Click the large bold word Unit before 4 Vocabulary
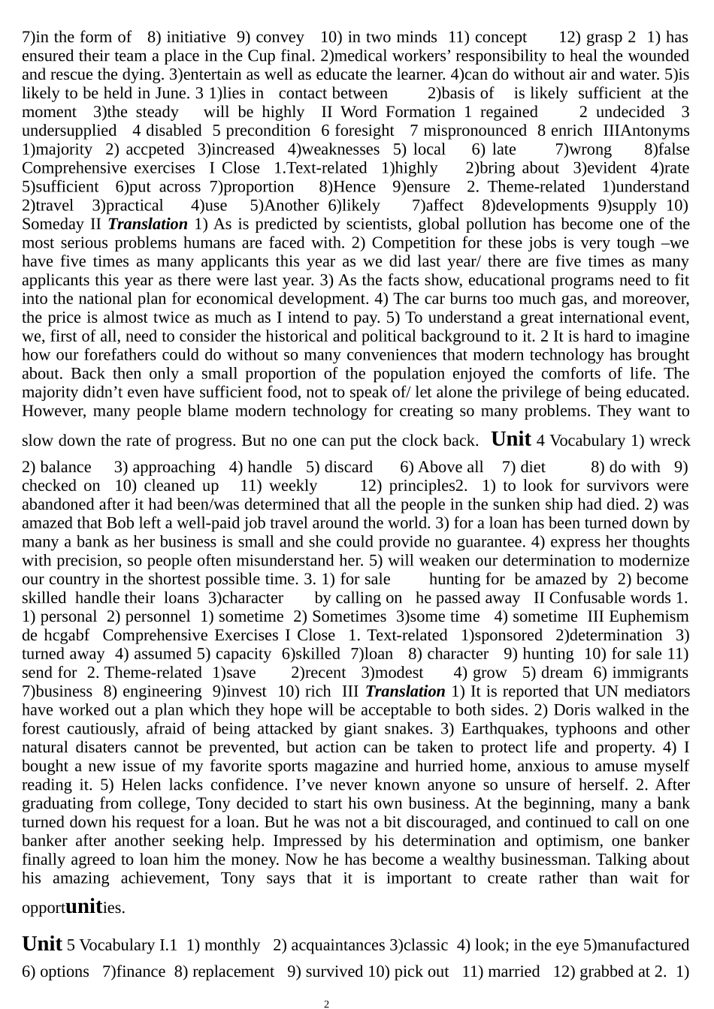tap(510, 438)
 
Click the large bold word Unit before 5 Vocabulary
tap(42, 943)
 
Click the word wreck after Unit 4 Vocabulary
tap(669, 441)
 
